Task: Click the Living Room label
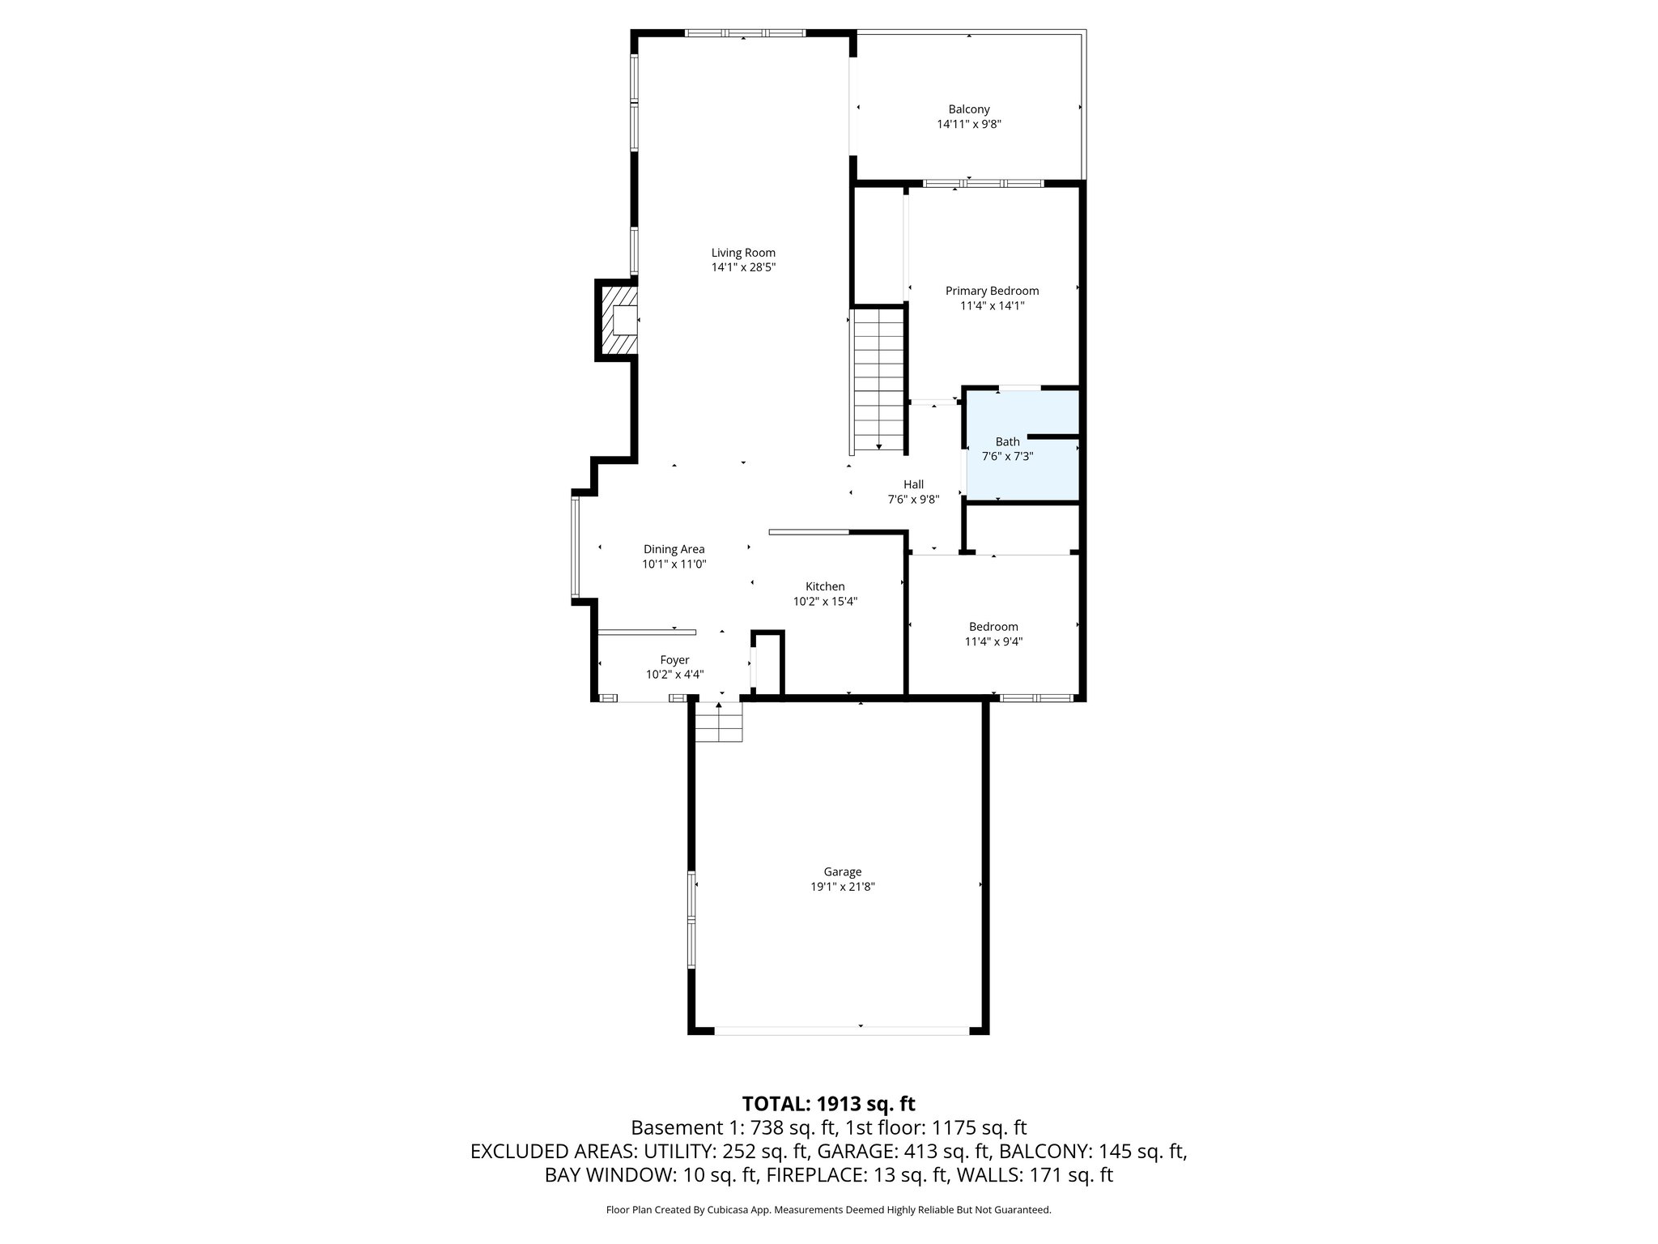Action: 743,253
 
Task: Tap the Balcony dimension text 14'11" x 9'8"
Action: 969,124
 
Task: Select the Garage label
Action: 842,871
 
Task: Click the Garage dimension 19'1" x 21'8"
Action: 842,887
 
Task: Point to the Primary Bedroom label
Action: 992,291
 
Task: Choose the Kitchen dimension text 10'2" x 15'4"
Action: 825,602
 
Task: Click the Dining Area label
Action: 674,549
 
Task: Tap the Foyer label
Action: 674,660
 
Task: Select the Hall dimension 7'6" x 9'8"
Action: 913,500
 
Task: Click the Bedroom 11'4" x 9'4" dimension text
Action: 993,641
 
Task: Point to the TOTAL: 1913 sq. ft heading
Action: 828,1104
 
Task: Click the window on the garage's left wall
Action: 691,919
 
